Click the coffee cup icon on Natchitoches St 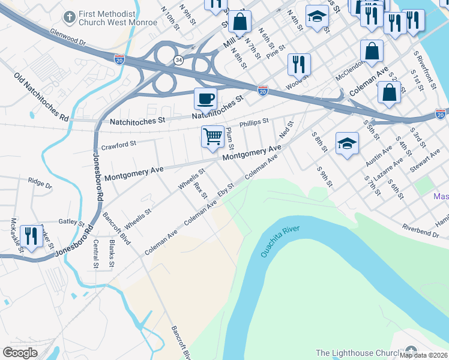tap(205, 98)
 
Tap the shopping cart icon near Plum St tap(212, 137)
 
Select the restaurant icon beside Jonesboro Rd tap(31, 236)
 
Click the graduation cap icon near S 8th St tap(346, 143)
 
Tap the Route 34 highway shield tap(178, 61)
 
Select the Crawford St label tap(119, 144)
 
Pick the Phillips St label tap(254, 124)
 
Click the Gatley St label tap(73, 222)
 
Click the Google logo tap(20, 353)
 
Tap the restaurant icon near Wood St tap(298, 64)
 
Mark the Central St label tap(96, 253)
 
